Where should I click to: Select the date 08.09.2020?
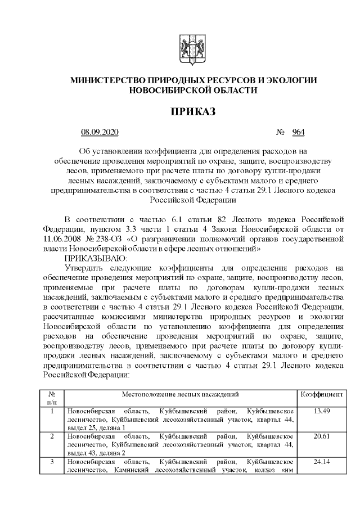click(x=100, y=133)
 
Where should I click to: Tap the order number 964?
click(x=298, y=133)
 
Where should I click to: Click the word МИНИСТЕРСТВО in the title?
click(x=106, y=80)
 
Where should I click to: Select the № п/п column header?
click(x=52, y=398)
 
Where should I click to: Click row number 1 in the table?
click(x=52, y=411)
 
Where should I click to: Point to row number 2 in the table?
click(x=52, y=436)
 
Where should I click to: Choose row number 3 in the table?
click(x=52, y=462)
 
